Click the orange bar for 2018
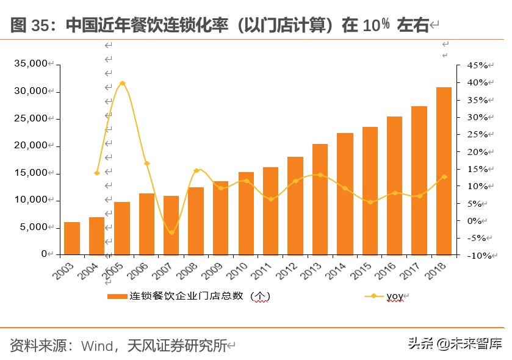tap(444, 171)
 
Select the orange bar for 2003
tap(72, 238)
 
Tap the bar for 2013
tap(320, 199)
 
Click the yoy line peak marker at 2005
tap(122, 83)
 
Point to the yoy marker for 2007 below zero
tap(171, 232)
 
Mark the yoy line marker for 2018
tap(444, 177)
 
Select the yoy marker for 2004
tap(97, 173)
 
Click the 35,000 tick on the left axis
tap(30, 63)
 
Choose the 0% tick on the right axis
tap(477, 221)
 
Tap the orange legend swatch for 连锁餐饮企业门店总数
tap(117, 297)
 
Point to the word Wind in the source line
tap(97, 346)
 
